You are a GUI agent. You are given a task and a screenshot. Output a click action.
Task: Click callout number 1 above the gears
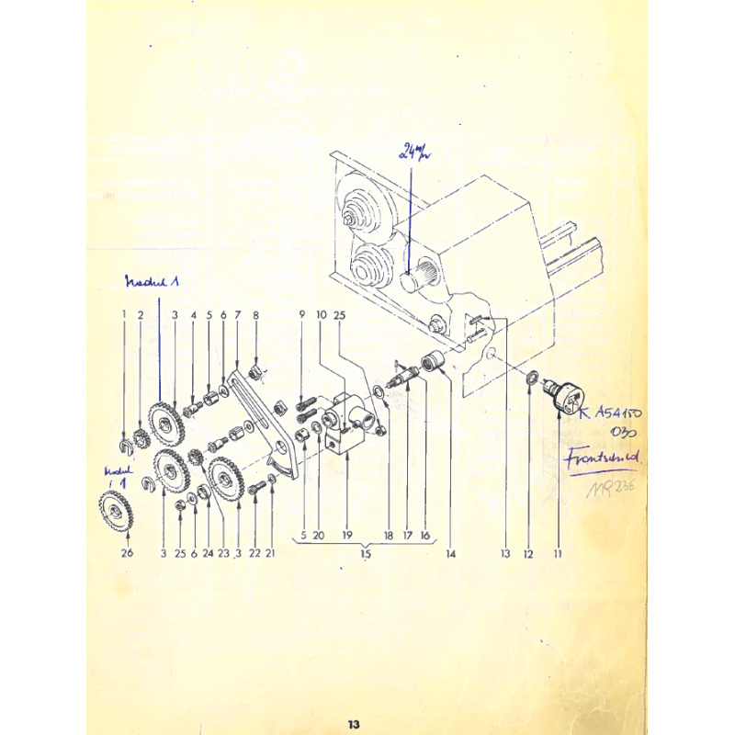123,315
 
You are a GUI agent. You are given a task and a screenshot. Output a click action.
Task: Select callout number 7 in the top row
237,315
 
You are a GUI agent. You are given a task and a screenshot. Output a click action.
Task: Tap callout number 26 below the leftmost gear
128,553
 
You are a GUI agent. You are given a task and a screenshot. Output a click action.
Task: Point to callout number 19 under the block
346,534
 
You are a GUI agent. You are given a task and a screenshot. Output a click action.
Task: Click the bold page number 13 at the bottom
354,724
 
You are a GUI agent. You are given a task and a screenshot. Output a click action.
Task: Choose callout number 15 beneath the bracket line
365,554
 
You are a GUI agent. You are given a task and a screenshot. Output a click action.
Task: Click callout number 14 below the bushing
451,554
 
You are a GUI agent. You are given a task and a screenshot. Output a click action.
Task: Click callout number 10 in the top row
322,315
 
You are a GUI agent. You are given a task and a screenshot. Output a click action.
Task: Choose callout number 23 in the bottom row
222,553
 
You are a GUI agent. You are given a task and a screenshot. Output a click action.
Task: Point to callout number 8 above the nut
256,315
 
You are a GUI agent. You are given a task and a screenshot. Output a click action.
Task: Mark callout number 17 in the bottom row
406,534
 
